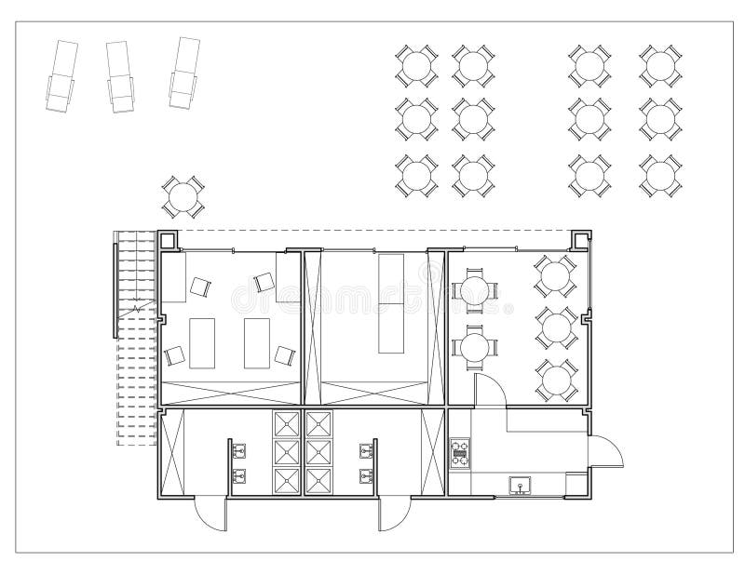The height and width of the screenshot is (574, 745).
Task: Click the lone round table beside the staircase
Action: tap(183, 195)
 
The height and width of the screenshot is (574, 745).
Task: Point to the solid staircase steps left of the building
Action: tap(134, 274)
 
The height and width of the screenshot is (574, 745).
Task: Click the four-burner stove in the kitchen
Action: tap(459, 453)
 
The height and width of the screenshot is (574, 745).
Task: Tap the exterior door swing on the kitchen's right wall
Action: tap(607, 454)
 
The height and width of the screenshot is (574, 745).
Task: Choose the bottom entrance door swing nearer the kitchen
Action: tap(395, 514)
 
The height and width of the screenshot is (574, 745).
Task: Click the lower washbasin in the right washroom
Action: tap(366, 476)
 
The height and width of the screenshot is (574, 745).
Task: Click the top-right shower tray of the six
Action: tap(319, 423)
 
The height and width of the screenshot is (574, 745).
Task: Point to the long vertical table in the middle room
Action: tap(391, 302)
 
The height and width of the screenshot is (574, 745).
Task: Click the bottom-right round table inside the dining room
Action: tap(556, 379)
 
